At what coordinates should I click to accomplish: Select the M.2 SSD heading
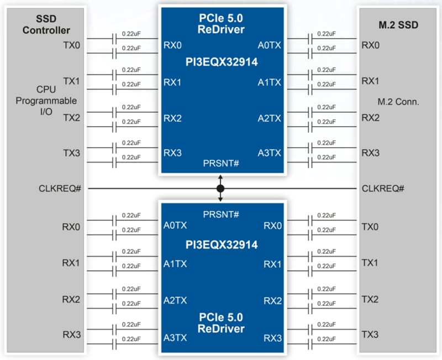point(399,25)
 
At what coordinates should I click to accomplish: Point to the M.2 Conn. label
point(398,102)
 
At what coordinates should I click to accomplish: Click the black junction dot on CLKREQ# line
point(220,189)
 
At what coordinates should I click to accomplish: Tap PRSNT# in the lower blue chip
point(221,213)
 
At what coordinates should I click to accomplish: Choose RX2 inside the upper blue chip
point(172,118)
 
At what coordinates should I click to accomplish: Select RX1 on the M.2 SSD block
point(370,81)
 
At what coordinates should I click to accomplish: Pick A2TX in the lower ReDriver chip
point(175,300)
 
